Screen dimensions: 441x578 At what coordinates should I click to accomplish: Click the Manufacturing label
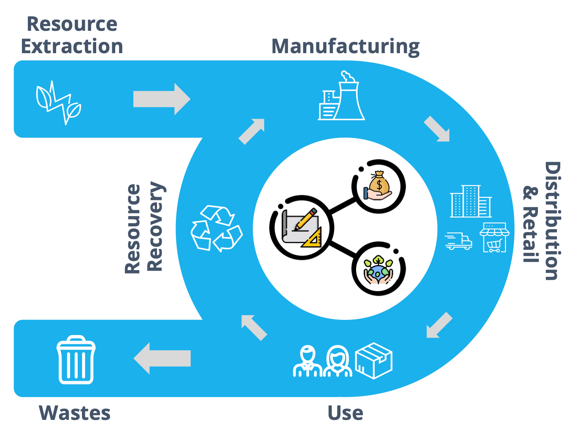[345, 46]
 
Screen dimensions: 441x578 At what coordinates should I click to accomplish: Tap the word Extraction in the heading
[72, 46]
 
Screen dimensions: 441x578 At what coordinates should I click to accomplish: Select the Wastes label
[75, 413]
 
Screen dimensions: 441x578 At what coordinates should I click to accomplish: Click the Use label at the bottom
[345, 413]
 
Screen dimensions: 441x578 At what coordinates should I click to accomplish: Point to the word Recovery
[155, 227]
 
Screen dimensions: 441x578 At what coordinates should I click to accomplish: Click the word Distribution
[552, 221]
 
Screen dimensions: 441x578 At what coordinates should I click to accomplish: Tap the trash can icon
[76, 360]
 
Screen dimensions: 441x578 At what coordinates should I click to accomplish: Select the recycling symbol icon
[216, 228]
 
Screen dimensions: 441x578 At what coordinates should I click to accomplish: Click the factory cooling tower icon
[341, 97]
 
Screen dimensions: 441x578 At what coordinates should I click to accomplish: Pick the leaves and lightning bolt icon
[58, 103]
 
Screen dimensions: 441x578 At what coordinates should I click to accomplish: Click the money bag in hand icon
[378, 187]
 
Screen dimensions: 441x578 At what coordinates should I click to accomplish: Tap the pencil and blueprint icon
[302, 228]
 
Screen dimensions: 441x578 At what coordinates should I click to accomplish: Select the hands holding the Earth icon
[378, 270]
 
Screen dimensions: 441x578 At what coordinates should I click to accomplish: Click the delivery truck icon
[459, 241]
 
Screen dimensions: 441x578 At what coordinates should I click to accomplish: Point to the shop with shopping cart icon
[494, 238]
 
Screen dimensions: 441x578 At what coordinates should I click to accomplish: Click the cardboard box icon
[374, 360]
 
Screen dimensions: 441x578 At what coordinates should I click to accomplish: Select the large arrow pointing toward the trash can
[162, 358]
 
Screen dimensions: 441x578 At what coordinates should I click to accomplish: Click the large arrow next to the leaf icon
[162, 99]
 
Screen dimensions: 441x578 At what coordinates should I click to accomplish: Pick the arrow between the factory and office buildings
[437, 129]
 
